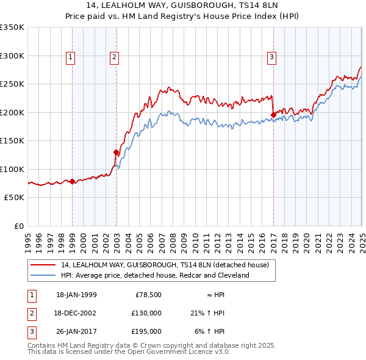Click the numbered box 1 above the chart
(x=71, y=58)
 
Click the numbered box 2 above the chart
(x=114, y=58)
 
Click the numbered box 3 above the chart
(x=271, y=58)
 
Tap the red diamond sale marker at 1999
(x=73, y=181)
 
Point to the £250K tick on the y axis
(x=12, y=84)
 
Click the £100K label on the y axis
(x=12, y=169)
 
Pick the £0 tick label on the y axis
(x=18, y=226)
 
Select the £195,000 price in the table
(x=146, y=331)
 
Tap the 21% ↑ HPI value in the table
(x=207, y=313)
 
